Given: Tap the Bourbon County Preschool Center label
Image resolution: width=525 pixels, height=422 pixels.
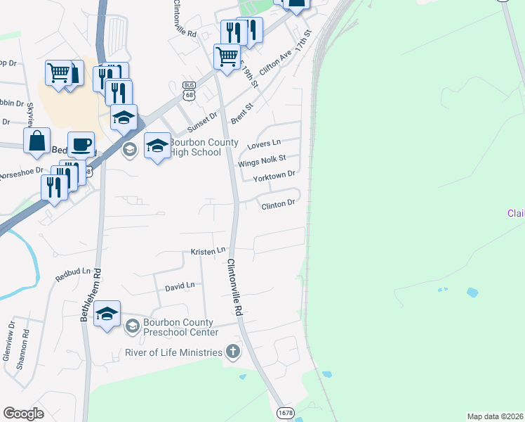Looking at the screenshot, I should (181, 327).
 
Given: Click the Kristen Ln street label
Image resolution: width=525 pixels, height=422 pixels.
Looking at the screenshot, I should (208, 251).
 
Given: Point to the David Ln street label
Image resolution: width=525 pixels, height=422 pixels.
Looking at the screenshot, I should (180, 286).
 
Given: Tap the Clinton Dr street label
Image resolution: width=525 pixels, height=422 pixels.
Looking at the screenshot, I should (277, 205).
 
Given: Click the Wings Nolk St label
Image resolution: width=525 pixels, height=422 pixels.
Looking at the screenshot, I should (262, 161).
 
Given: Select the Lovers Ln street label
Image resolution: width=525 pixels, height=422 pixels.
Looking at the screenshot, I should (264, 145).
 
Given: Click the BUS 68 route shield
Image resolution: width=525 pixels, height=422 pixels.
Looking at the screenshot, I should (189, 89).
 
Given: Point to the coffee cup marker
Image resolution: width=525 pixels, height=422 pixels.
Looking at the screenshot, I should (81, 145).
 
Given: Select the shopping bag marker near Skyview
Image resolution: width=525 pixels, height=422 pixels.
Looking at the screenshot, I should (36, 139).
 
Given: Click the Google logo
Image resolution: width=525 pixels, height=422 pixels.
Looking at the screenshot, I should (23, 414).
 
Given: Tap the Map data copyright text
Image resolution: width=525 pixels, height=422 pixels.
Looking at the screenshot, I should (494, 416).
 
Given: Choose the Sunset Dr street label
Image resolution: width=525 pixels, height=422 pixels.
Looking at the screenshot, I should (204, 125).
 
